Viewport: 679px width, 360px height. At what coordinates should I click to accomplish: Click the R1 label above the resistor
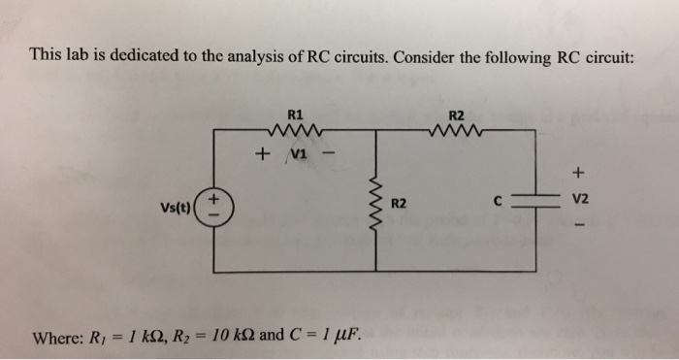(293, 114)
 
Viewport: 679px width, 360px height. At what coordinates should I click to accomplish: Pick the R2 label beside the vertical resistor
(398, 205)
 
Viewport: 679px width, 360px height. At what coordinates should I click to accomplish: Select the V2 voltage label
(581, 202)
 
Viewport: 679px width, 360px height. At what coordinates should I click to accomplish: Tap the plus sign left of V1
(261, 153)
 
